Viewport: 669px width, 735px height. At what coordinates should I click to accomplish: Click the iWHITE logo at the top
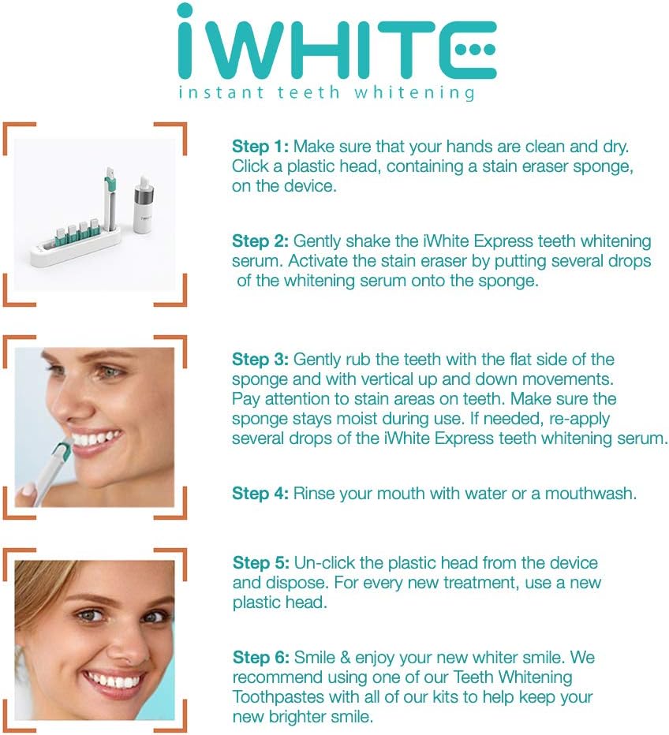(x=335, y=43)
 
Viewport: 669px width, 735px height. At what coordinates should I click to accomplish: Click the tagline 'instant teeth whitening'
(x=327, y=93)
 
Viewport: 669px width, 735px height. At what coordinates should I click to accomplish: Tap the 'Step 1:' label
(x=260, y=147)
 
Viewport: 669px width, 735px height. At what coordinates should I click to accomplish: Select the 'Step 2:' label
(x=260, y=241)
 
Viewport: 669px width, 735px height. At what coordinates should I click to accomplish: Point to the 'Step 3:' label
(x=260, y=360)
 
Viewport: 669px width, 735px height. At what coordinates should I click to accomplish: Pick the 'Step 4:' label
(x=260, y=494)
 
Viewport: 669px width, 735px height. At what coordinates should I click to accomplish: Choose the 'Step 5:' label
(x=261, y=563)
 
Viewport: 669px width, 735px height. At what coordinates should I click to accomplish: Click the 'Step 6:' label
(x=261, y=658)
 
